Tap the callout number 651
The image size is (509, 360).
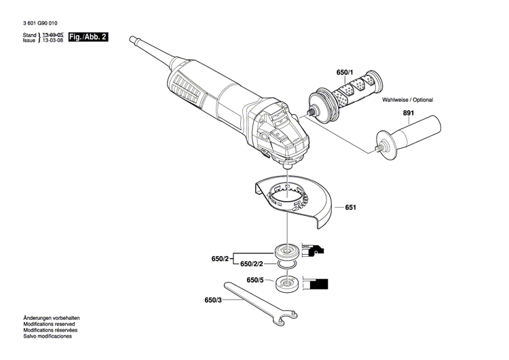[350, 208]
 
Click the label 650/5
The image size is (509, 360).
[254, 280]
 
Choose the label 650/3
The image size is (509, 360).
[213, 299]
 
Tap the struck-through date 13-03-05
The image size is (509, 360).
[53, 34]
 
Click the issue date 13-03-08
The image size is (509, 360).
[53, 40]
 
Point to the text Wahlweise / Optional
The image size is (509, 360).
[407, 100]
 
